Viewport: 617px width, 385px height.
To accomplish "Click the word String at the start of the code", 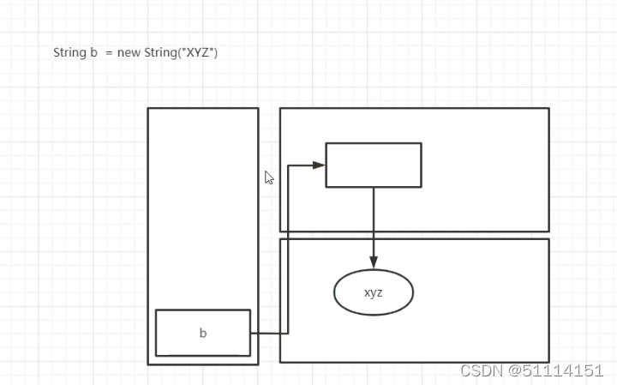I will click(69, 52).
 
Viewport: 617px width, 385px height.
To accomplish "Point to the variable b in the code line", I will click(93, 52).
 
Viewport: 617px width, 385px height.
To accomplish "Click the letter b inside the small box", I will click(203, 334).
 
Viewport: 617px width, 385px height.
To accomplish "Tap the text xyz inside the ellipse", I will click(374, 292).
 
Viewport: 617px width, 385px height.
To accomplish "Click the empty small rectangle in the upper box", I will click(374, 165).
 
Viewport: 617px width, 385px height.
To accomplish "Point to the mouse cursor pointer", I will click(269, 177).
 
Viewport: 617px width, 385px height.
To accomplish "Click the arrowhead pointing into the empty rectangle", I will click(320, 165).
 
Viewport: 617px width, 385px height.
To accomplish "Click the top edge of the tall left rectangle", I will click(203, 108).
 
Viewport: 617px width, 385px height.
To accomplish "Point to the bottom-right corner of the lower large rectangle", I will click(548, 362).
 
